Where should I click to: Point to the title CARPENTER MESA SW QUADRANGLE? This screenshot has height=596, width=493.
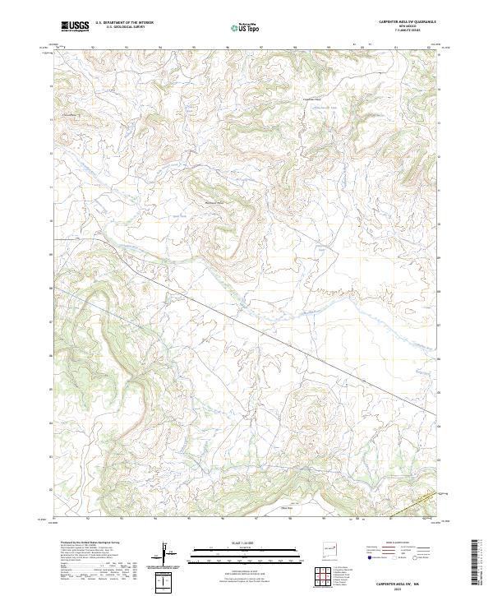click(401, 22)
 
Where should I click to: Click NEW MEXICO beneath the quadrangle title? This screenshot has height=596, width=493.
click(401, 26)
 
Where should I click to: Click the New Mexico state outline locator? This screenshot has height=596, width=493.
click(334, 546)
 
